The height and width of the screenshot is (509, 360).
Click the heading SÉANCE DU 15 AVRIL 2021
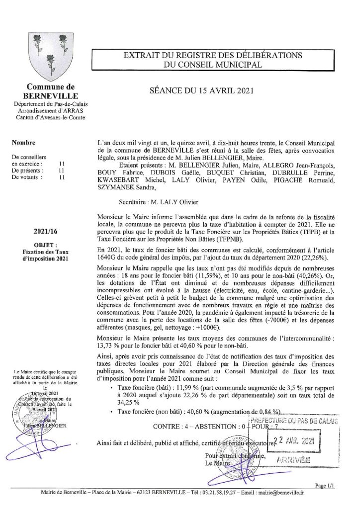click(202, 90)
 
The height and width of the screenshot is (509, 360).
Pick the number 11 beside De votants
click(62, 176)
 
